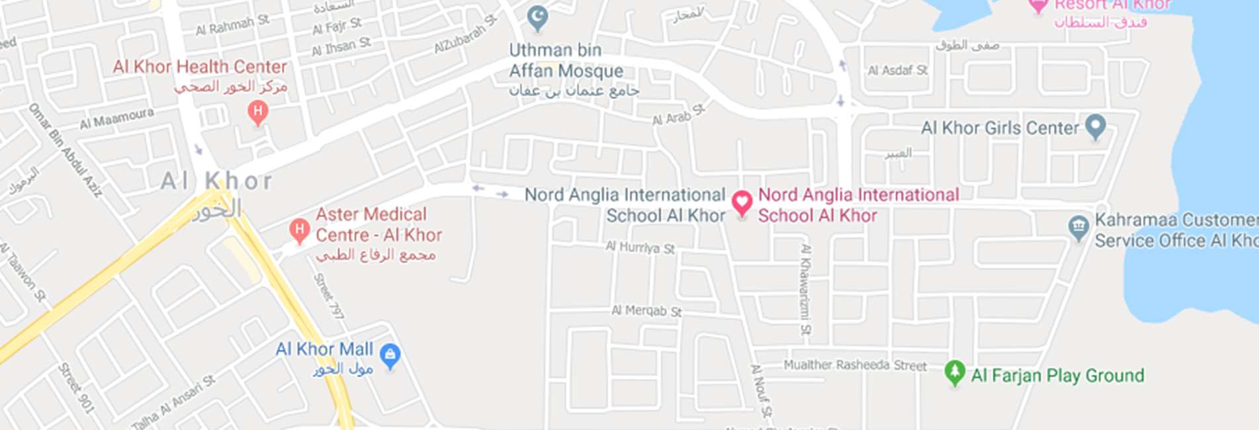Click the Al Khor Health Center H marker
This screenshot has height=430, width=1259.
(x=257, y=112)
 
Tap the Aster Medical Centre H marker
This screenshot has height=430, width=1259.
(x=299, y=230)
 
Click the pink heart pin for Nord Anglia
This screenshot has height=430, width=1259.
(x=742, y=202)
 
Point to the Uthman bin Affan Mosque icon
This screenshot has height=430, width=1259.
(x=537, y=17)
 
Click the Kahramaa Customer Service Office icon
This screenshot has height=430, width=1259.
(x=1078, y=228)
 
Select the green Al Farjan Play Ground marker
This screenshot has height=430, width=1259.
(x=954, y=372)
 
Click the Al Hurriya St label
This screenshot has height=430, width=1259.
(x=640, y=248)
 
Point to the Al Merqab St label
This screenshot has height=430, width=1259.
(x=646, y=310)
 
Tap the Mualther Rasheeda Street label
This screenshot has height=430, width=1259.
(x=855, y=365)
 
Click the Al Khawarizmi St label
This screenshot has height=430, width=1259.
(x=805, y=289)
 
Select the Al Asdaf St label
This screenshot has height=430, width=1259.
(x=897, y=70)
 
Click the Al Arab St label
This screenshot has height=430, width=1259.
(x=679, y=115)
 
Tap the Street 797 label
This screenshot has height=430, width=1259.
(x=329, y=296)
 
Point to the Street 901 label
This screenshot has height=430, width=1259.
(x=77, y=388)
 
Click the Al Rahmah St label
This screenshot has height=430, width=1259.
(x=232, y=25)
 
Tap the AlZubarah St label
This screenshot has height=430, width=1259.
(x=465, y=35)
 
